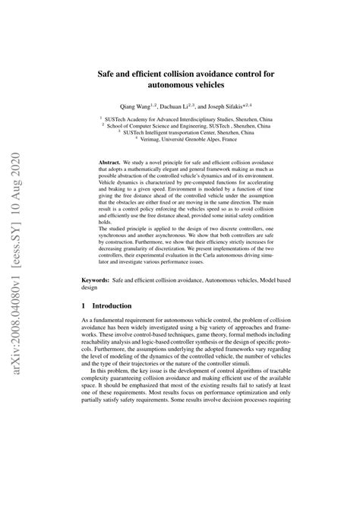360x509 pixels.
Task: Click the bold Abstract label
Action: tap(114, 163)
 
